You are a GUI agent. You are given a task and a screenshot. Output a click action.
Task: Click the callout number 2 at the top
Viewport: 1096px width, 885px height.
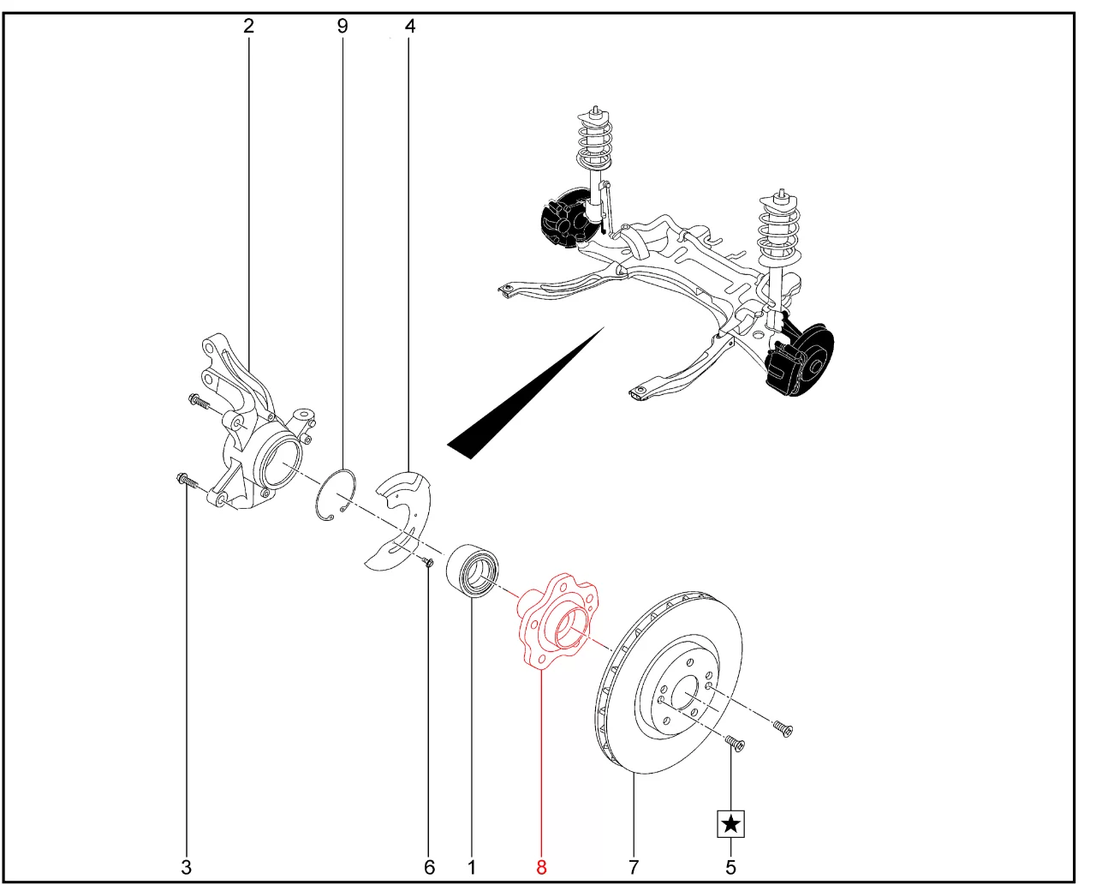click(x=248, y=26)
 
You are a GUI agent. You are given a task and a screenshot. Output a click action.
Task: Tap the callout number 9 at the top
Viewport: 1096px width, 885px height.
click(x=342, y=26)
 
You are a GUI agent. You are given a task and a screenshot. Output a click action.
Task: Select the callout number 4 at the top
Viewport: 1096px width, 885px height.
click(x=410, y=26)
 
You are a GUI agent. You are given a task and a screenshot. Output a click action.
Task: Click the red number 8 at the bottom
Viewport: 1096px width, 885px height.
click(x=541, y=867)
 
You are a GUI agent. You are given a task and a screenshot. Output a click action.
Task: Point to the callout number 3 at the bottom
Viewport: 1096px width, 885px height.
click(x=187, y=867)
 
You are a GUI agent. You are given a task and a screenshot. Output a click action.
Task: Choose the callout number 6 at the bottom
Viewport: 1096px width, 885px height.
click(x=429, y=867)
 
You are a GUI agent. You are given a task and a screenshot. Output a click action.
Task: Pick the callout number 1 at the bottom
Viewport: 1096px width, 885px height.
click(x=471, y=867)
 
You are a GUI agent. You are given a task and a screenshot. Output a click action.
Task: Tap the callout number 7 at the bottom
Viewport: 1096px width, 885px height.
click(x=634, y=867)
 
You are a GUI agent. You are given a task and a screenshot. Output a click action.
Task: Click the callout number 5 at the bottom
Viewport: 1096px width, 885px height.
click(x=730, y=867)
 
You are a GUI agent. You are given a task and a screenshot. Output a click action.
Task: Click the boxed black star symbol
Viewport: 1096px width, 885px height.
click(x=730, y=824)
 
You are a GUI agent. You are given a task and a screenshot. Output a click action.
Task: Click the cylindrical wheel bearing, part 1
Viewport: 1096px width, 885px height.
click(x=474, y=569)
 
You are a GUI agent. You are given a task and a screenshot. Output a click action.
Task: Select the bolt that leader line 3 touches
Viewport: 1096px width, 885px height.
click(x=187, y=481)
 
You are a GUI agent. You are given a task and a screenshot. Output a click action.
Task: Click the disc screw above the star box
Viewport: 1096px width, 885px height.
click(x=735, y=743)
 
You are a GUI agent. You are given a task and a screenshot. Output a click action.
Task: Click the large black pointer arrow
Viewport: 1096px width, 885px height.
click(x=525, y=393)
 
